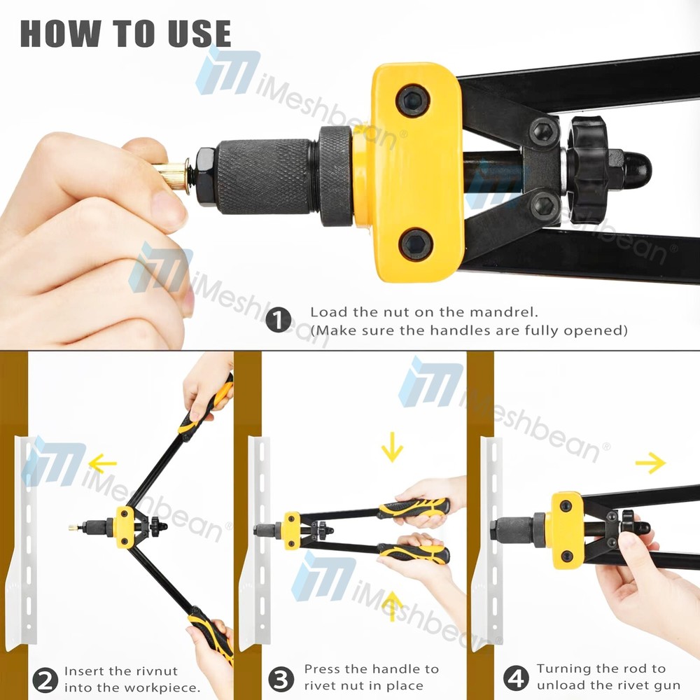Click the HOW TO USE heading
[125, 34]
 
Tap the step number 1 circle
[279, 321]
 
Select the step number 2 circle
[45, 678]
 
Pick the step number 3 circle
[281, 678]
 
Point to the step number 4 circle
[516, 678]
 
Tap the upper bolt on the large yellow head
[412, 101]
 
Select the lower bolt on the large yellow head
[416, 245]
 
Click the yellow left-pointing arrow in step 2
[102, 463]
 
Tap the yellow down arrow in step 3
[393, 446]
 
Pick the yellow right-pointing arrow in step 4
[650, 463]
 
